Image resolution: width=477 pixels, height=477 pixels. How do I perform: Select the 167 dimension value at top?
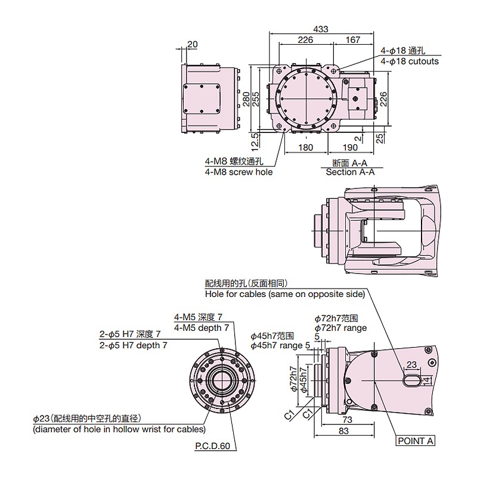(353, 40)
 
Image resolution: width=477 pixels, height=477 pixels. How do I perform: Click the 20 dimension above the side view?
(193, 44)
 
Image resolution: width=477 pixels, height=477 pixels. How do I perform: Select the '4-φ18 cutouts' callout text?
(410, 61)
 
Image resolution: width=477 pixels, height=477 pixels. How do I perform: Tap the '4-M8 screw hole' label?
(238, 172)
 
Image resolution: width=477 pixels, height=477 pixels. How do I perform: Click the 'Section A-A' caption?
(350, 172)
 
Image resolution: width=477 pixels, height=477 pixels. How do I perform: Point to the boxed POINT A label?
(416, 441)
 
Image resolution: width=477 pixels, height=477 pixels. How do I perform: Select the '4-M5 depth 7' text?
(202, 328)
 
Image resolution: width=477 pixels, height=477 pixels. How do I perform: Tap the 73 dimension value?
(348, 420)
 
